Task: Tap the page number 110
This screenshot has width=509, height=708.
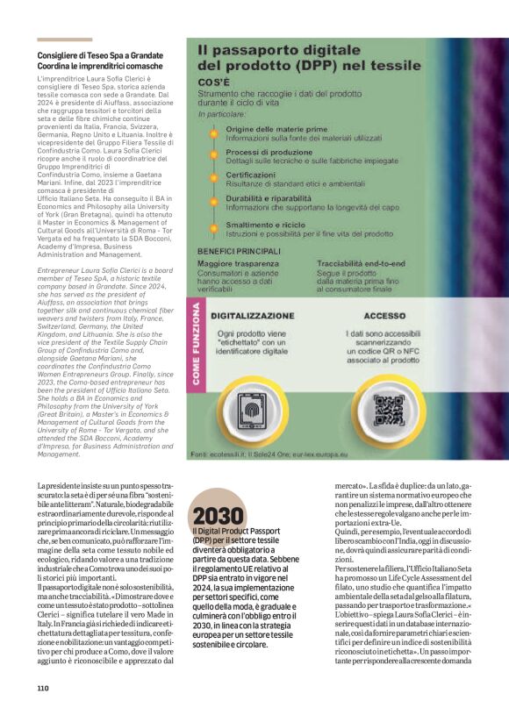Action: pyautogui.click(x=43, y=687)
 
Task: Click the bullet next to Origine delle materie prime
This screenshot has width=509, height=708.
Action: pyautogui.click(x=214, y=130)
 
